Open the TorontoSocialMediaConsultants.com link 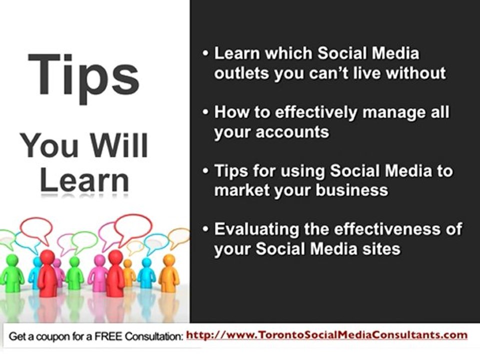326,335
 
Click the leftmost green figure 11,273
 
